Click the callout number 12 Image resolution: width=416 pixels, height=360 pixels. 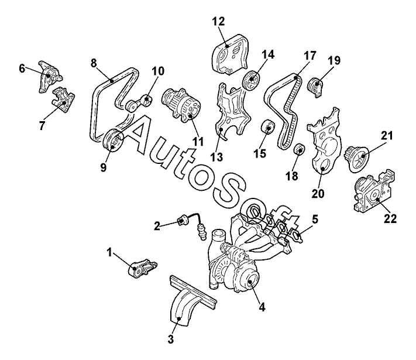218,21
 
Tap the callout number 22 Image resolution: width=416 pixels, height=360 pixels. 390,218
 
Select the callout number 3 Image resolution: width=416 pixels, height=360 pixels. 171,339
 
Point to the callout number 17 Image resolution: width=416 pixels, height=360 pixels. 310,56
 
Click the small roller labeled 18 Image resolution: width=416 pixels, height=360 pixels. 300,149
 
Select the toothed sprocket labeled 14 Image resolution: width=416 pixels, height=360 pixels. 252,81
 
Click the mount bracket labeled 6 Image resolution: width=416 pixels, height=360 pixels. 49,76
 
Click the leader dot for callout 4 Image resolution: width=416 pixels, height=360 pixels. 249,282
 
